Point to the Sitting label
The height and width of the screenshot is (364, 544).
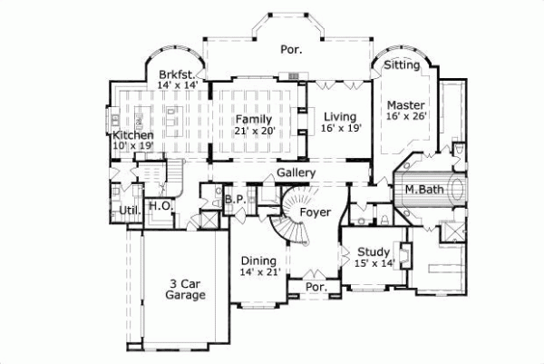click(x=402, y=65)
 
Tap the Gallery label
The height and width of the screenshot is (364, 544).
click(x=296, y=172)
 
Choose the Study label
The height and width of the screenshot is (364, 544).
click(x=373, y=251)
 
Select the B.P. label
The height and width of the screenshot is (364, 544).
click(x=236, y=200)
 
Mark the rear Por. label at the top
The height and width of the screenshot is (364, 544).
click(x=290, y=50)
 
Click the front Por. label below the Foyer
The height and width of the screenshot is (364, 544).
click(x=316, y=287)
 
